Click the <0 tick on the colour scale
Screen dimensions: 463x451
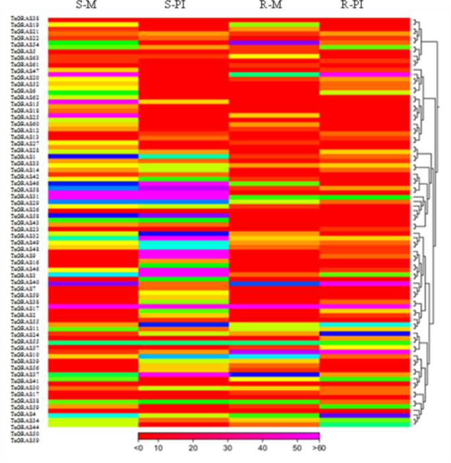(139, 448)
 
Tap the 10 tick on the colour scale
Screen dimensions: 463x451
(159, 448)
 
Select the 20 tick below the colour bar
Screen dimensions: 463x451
(193, 448)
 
